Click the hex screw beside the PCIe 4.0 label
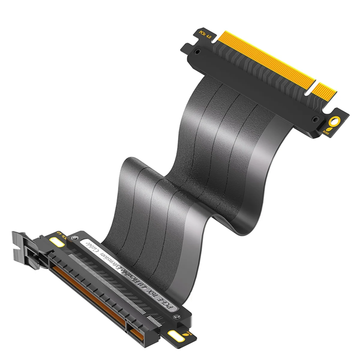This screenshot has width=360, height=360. pos(197,52)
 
